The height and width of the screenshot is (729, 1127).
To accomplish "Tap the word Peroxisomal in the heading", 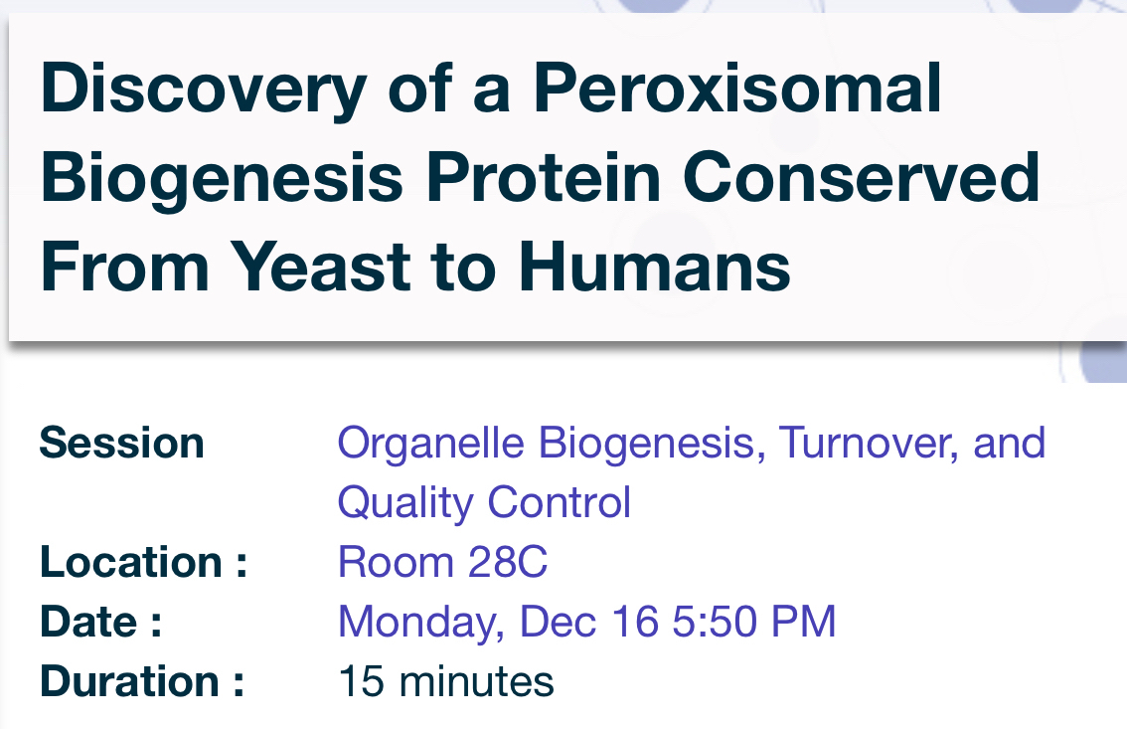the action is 736,88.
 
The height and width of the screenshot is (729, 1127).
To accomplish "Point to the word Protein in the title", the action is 543,177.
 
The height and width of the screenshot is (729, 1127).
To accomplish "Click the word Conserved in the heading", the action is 861,177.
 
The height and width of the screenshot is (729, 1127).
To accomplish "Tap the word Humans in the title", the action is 654,266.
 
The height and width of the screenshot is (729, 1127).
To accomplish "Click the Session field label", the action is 121,443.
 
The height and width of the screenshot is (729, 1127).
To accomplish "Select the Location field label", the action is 144,562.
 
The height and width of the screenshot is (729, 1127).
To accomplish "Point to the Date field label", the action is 100,622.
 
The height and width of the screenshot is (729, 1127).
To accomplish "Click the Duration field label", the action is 142,681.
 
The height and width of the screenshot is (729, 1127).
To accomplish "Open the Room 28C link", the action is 443,562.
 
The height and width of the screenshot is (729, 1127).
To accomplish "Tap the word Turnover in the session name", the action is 869,443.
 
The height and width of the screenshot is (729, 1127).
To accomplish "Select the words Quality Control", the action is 484,502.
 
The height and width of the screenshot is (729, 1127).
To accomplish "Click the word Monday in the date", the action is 421,623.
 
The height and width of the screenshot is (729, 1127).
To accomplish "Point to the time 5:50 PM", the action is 754,622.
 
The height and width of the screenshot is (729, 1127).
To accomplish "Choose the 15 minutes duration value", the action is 446,681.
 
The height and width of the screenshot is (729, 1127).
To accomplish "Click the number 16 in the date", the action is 635,622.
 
